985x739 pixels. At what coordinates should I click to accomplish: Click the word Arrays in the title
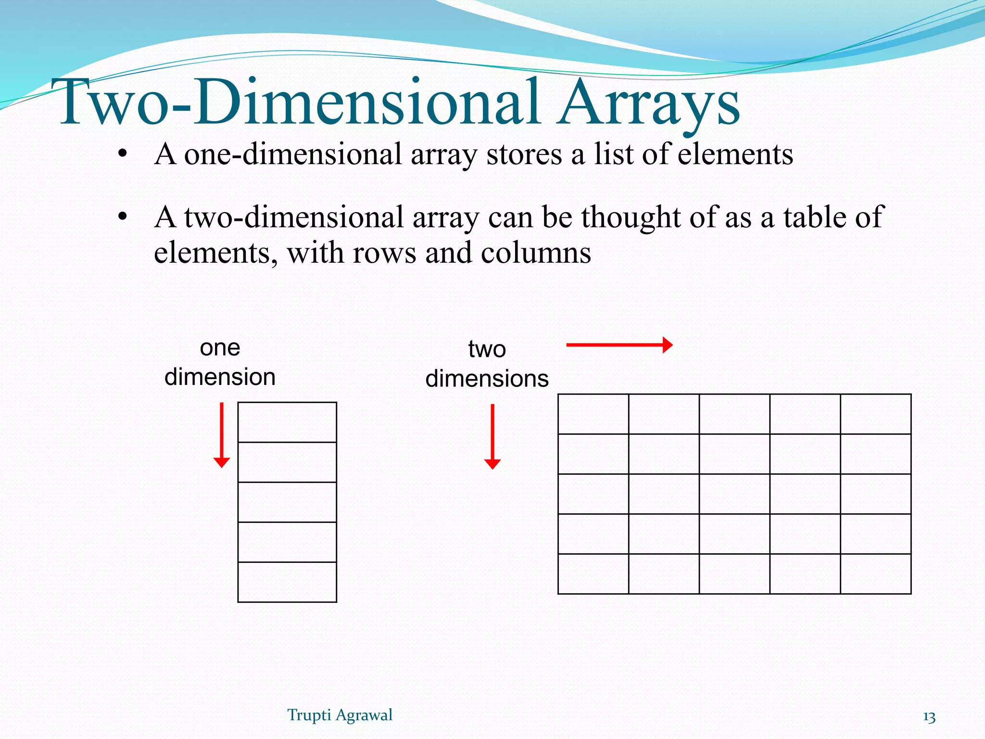point(648,103)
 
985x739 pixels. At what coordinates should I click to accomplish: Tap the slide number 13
point(929,717)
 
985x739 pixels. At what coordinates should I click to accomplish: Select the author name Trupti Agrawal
point(340,715)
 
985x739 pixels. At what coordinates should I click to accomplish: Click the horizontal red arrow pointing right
point(619,345)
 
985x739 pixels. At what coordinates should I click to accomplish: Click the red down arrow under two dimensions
point(492,436)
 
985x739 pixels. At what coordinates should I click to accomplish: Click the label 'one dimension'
point(220,362)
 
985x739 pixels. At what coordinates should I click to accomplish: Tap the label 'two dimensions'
point(487,364)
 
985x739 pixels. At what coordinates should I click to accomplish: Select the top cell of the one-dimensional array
point(287,422)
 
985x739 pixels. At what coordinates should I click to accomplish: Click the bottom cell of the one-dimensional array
point(287,582)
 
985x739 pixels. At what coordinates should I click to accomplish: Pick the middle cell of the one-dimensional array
point(287,502)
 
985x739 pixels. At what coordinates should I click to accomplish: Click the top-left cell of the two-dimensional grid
point(593,414)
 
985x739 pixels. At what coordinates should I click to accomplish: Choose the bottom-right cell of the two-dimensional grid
point(875,573)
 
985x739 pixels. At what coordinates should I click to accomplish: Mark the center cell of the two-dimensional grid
point(734,494)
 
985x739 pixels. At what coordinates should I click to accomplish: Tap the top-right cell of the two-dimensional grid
point(875,414)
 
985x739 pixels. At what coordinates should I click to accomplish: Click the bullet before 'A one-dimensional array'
point(123,154)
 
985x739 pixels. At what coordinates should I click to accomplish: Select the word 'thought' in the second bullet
point(631,217)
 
